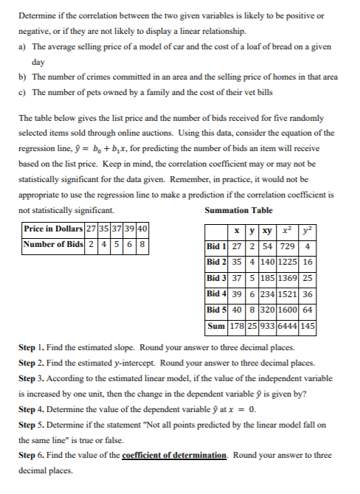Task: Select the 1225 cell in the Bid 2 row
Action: (289, 261)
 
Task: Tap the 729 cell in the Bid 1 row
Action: (289, 246)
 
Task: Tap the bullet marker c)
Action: (21, 91)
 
